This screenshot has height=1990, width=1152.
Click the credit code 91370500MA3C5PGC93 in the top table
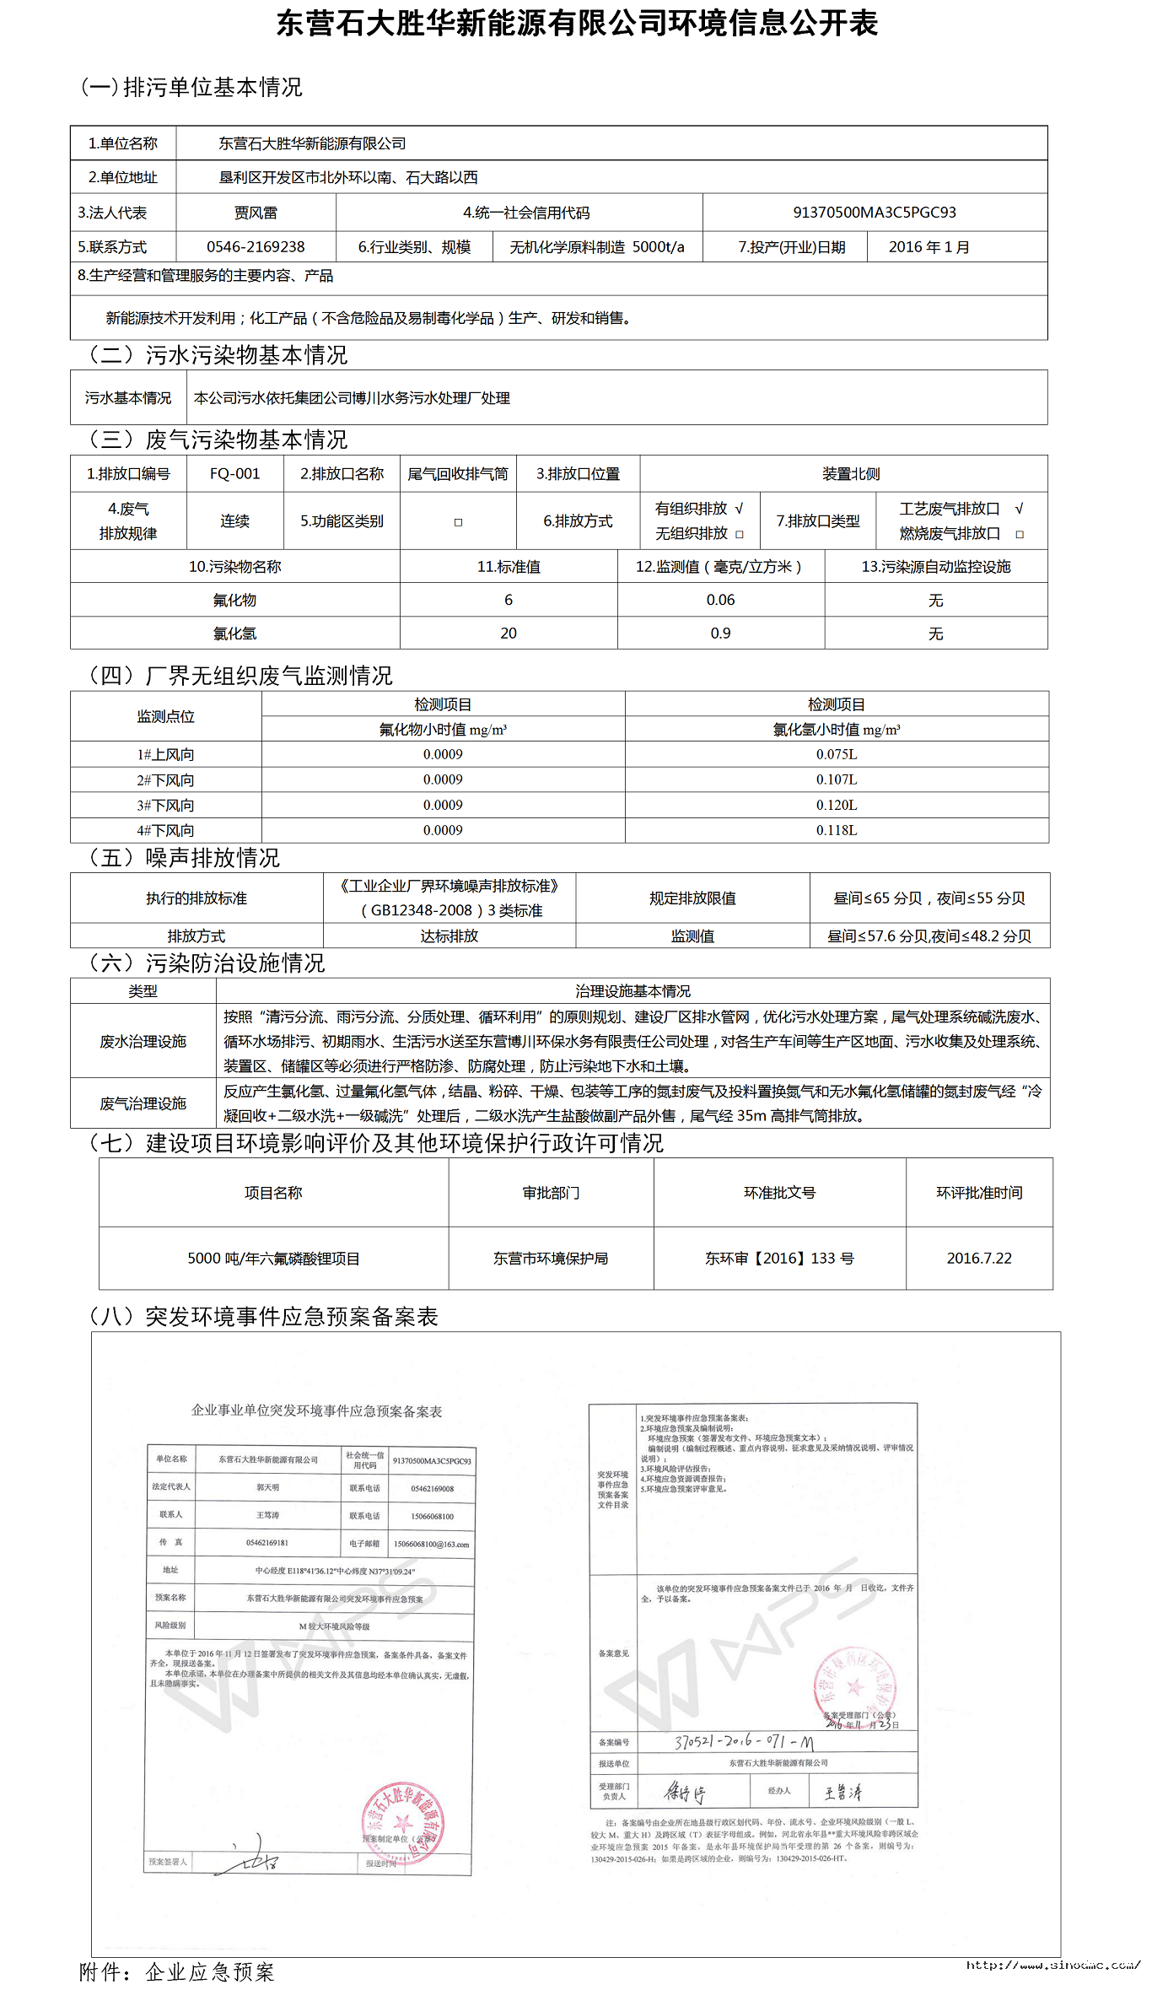[x=874, y=213]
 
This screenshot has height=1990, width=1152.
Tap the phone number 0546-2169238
[x=256, y=247]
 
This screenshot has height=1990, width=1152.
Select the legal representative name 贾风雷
[x=256, y=213]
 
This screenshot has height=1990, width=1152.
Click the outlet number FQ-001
[x=234, y=474]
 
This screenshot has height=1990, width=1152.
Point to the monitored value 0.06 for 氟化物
[x=720, y=600]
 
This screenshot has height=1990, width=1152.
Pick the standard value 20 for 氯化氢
[x=508, y=634]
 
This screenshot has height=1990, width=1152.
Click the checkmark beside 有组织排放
[x=740, y=509]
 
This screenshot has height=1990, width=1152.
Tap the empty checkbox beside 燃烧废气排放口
[x=1020, y=535]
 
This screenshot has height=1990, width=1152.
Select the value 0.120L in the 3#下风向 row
[x=836, y=805]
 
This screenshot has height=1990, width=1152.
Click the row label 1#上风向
[x=165, y=754]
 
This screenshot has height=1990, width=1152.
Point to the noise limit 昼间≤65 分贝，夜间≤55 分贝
[x=929, y=898]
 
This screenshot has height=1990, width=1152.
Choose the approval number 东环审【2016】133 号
[x=779, y=1259]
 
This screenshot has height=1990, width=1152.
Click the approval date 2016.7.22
[x=978, y=1259]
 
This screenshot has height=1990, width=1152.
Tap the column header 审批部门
[x=551, y=1193]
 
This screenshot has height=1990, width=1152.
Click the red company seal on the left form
[x=403, y=1825]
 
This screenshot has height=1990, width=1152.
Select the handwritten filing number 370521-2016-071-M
[x=743, y=1741]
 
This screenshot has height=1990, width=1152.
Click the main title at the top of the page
[x=577, y=24]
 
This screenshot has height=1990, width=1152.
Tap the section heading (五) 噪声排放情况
[x=185, y=858]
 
